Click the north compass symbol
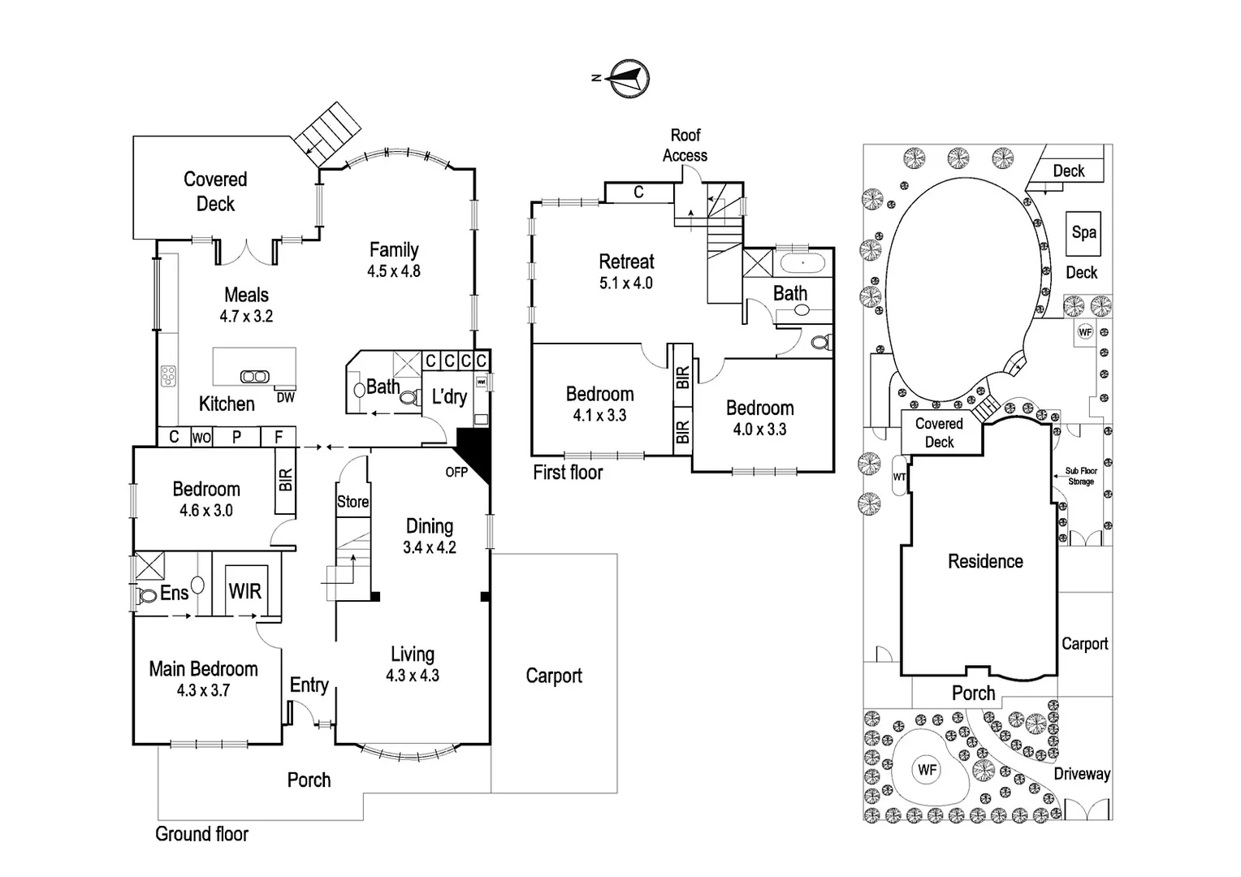[629, 79]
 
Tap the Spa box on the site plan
[1083, 232]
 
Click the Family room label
[394, 250]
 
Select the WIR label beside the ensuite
[245, 590]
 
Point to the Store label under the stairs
[352, 502]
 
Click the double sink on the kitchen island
[254, 376]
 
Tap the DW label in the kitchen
[285, 397]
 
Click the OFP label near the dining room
[456, 472]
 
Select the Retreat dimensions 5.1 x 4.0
[626, 283]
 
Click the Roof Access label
[685, 145]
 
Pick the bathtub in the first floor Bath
[802, 263]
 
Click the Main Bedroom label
[203, 669]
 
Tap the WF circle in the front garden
[927, 769]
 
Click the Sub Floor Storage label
[1081, 476]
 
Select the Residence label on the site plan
[985, 561]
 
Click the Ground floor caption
[201, 834]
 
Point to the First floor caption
[568, 472]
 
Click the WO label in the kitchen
[201, 438]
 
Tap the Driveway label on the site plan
[1082, 774]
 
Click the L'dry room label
[449, 396]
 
